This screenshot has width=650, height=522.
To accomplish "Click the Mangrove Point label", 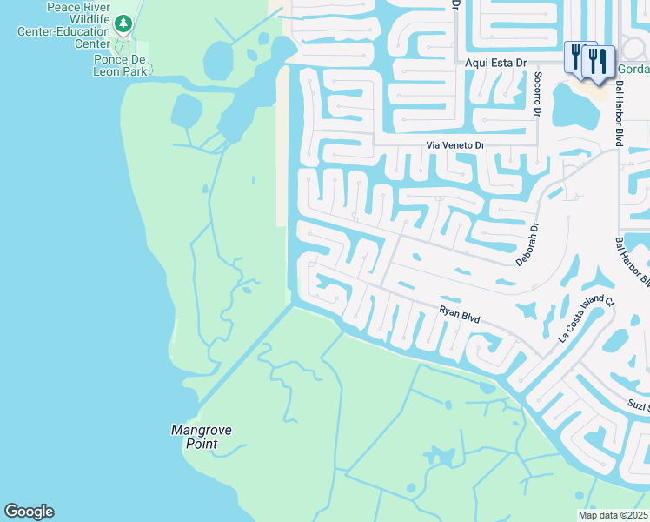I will click(x=194, y=437).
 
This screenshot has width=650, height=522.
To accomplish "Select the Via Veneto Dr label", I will click(x=454, y=146).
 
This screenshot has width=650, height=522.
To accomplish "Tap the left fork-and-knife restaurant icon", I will click(x=575, y=57).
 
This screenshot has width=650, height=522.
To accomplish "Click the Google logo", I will click(x=29, y=512).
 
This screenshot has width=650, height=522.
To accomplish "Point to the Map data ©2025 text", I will click(x=613, y=515).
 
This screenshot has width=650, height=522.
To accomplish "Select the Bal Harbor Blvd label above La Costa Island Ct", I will click(x=633, y=261).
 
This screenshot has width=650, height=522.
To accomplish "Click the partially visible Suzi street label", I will click(x=639, y=405).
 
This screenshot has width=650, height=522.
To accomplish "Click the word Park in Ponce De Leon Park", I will click(x=135, y=71).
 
